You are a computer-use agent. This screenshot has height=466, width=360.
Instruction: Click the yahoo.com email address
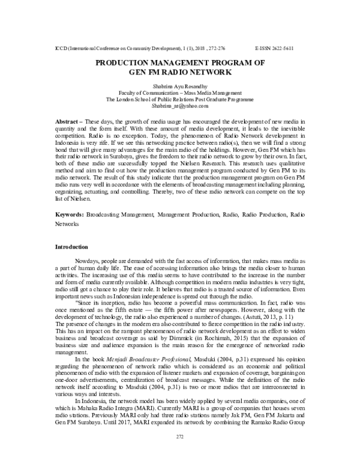180,105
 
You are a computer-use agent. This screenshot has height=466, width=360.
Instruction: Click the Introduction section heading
71,247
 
